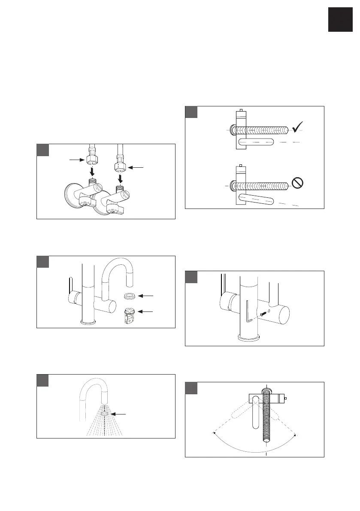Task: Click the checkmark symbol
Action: [x=297, y=127]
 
